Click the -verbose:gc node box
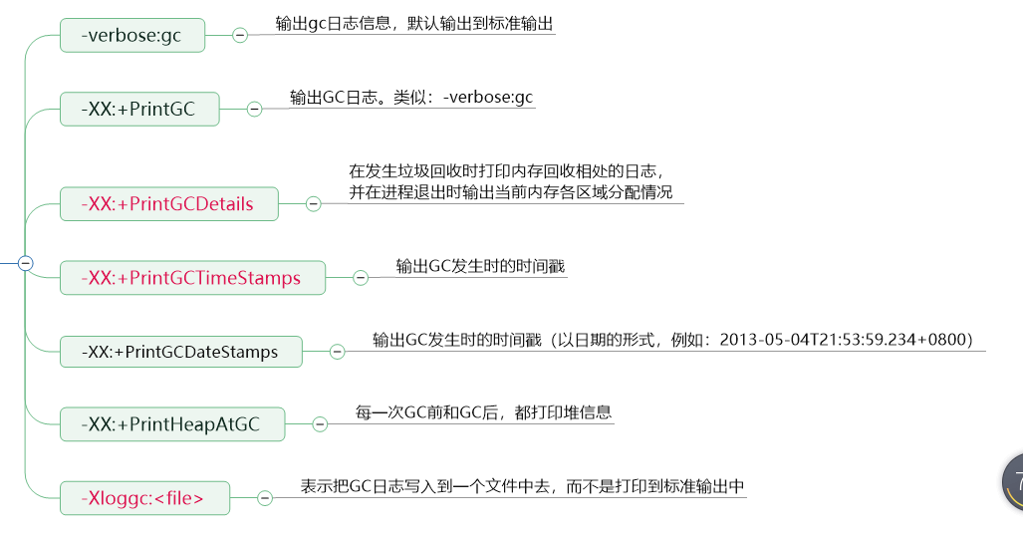(131, 37)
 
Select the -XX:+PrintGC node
(139, 110)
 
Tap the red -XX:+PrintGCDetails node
(169, 204)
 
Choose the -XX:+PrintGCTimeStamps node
(193, 278)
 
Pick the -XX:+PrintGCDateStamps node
(180, 352)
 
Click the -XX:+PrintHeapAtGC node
(172, 423)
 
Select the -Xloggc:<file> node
(144, 497)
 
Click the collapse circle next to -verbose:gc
(240, 35)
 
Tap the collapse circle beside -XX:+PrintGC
(254, 109)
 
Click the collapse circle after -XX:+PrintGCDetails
(313, 204)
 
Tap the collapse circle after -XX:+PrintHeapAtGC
(320, 423)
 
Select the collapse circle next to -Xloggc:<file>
(265, 497)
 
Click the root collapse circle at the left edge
(26, 263)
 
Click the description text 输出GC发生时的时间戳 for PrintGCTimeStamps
(481, 266)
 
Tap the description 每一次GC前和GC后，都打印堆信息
(483, 411)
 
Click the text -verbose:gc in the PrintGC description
(488, 97)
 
